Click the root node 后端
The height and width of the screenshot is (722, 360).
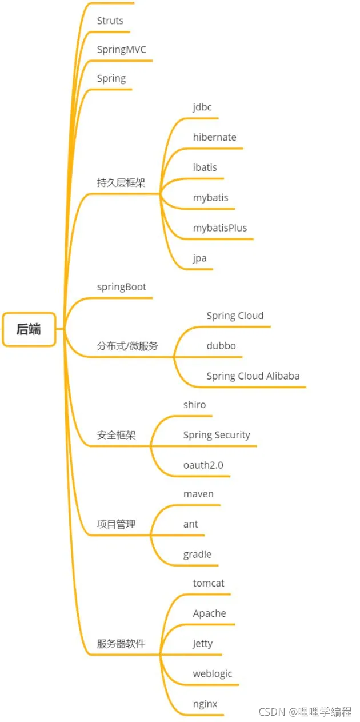click(29, 329)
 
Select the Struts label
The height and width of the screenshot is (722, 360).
click(110, 21)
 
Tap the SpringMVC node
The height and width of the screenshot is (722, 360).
click(122, 50)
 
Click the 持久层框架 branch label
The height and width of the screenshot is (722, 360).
click(121, 183)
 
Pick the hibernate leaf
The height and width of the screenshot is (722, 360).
click(214, 137)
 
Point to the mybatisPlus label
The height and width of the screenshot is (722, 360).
click(220, 228)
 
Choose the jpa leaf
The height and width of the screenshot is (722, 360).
click(200, 258)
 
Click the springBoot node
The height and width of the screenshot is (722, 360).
click(122, 286)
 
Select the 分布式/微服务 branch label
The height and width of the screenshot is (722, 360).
click(127, 346)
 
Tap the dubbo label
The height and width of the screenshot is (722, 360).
click(221, 346)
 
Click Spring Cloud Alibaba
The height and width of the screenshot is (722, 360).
click(253, 376)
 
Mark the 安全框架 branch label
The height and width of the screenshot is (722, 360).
click(117, 435)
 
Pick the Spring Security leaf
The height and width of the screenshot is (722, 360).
click(217, 435)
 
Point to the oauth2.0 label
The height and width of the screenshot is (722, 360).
click(203, 465)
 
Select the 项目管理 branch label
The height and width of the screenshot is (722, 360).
click(117, 524)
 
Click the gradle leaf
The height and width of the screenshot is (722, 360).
click(198, 555)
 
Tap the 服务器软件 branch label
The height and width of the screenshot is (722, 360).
click(121, 644)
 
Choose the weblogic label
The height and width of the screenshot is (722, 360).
click(213, 673)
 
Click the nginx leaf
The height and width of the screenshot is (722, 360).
click(205, 704)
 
